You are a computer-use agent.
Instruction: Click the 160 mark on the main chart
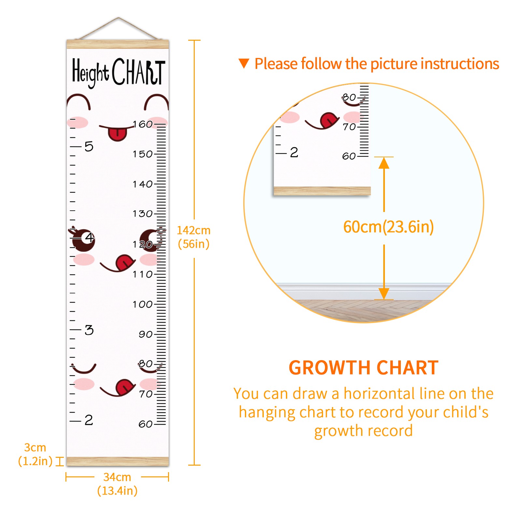[x=143, y=124]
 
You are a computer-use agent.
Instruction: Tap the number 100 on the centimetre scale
[x=143, y=304]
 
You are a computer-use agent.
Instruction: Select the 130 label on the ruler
[x=143, y=214]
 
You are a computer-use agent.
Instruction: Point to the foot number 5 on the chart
[x=89, y=147]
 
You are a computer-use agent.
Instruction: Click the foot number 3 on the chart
[x=89, y=330]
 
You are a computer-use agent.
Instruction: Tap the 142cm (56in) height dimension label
[x=194, y=237]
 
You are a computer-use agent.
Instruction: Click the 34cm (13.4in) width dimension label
[x=117, y=484]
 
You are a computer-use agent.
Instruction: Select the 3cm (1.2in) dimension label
[x=35, y=454]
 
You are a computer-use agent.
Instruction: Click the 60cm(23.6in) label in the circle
[x=388, y=227]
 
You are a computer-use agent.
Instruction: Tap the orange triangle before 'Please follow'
[x=244, y=63]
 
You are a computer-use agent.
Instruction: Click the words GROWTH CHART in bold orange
[x=364, y=368]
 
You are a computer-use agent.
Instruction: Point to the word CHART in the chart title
[x=139, y=72]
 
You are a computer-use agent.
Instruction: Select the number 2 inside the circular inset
[x=294, y=152]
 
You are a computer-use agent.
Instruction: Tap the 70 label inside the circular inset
[x=349, y=127]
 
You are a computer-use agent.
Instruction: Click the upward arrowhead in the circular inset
[x=384, y=163]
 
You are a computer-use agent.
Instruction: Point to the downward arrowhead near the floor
[x=384, y=294]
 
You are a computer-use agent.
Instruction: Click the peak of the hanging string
[x=119, y=18]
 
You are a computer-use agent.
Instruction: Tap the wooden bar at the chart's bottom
[x=118, y=461]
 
